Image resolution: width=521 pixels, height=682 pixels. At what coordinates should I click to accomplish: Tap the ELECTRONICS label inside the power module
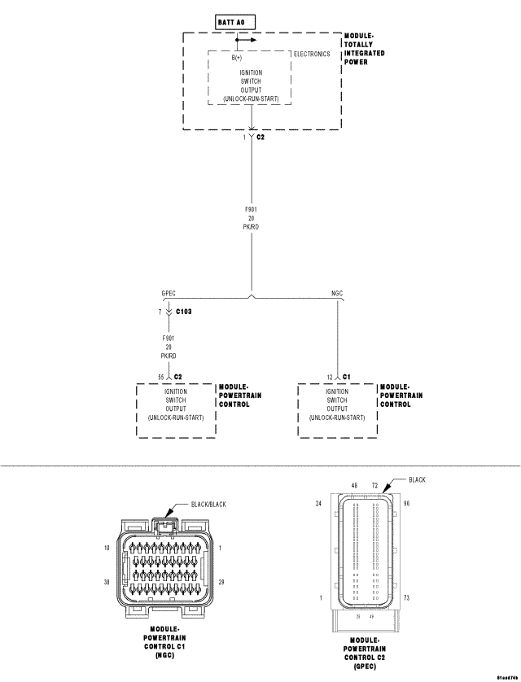coord(312,55)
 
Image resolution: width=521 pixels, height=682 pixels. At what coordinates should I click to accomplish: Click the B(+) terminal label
coord(237,58)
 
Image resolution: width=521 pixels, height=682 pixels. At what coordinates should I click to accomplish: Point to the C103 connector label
coord(183,311)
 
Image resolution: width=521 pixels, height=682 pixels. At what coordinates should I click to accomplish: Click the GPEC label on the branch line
coord(169,293)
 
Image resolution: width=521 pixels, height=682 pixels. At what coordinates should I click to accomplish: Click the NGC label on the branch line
coord(337,293)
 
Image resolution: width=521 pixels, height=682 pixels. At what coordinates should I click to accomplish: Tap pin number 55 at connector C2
coord(160,377)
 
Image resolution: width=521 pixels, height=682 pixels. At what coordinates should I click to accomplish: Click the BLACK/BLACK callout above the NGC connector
coord(208,505)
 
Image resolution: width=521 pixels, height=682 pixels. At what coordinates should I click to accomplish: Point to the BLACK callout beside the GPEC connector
coord(417,479)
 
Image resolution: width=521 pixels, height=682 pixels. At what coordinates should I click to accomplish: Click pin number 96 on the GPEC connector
coord(406,504)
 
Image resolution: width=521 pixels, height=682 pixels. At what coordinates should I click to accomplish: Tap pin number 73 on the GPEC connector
coord(406,597)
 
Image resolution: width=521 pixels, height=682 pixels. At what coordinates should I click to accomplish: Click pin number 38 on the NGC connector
coord(107,582)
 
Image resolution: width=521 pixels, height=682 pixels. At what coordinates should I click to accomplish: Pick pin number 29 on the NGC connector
coord(222,582)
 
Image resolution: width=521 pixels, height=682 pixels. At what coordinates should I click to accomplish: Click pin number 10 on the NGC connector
coord(107,548)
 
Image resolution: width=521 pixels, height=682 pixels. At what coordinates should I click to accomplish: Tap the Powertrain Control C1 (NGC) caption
coord(165,642)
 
